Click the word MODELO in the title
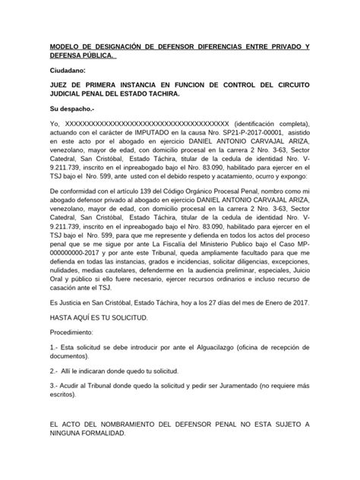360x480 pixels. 66,47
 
